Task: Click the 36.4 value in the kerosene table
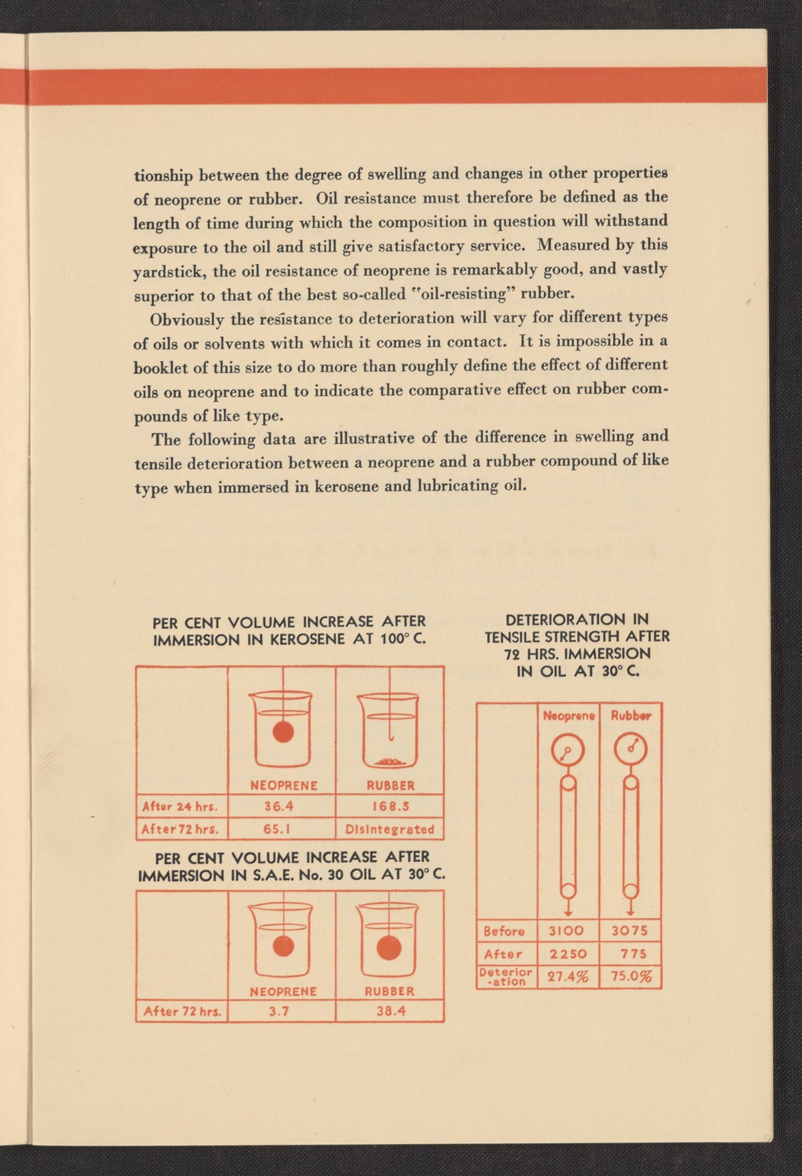click(279, 806)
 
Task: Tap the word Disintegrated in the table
click(390, 829)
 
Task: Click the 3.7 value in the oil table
click(279, 1011)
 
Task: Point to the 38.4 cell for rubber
click(390, 1011)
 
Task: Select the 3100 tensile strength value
click(567, 931)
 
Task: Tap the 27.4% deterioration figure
click(568, 977)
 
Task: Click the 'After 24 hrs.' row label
click(182, 806)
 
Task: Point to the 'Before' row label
click(504, 931)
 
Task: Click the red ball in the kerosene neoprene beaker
click(283, 732)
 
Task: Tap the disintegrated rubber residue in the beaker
click(390, 761)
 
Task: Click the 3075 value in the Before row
click(630, 931)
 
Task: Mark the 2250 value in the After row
click(568, 954)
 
